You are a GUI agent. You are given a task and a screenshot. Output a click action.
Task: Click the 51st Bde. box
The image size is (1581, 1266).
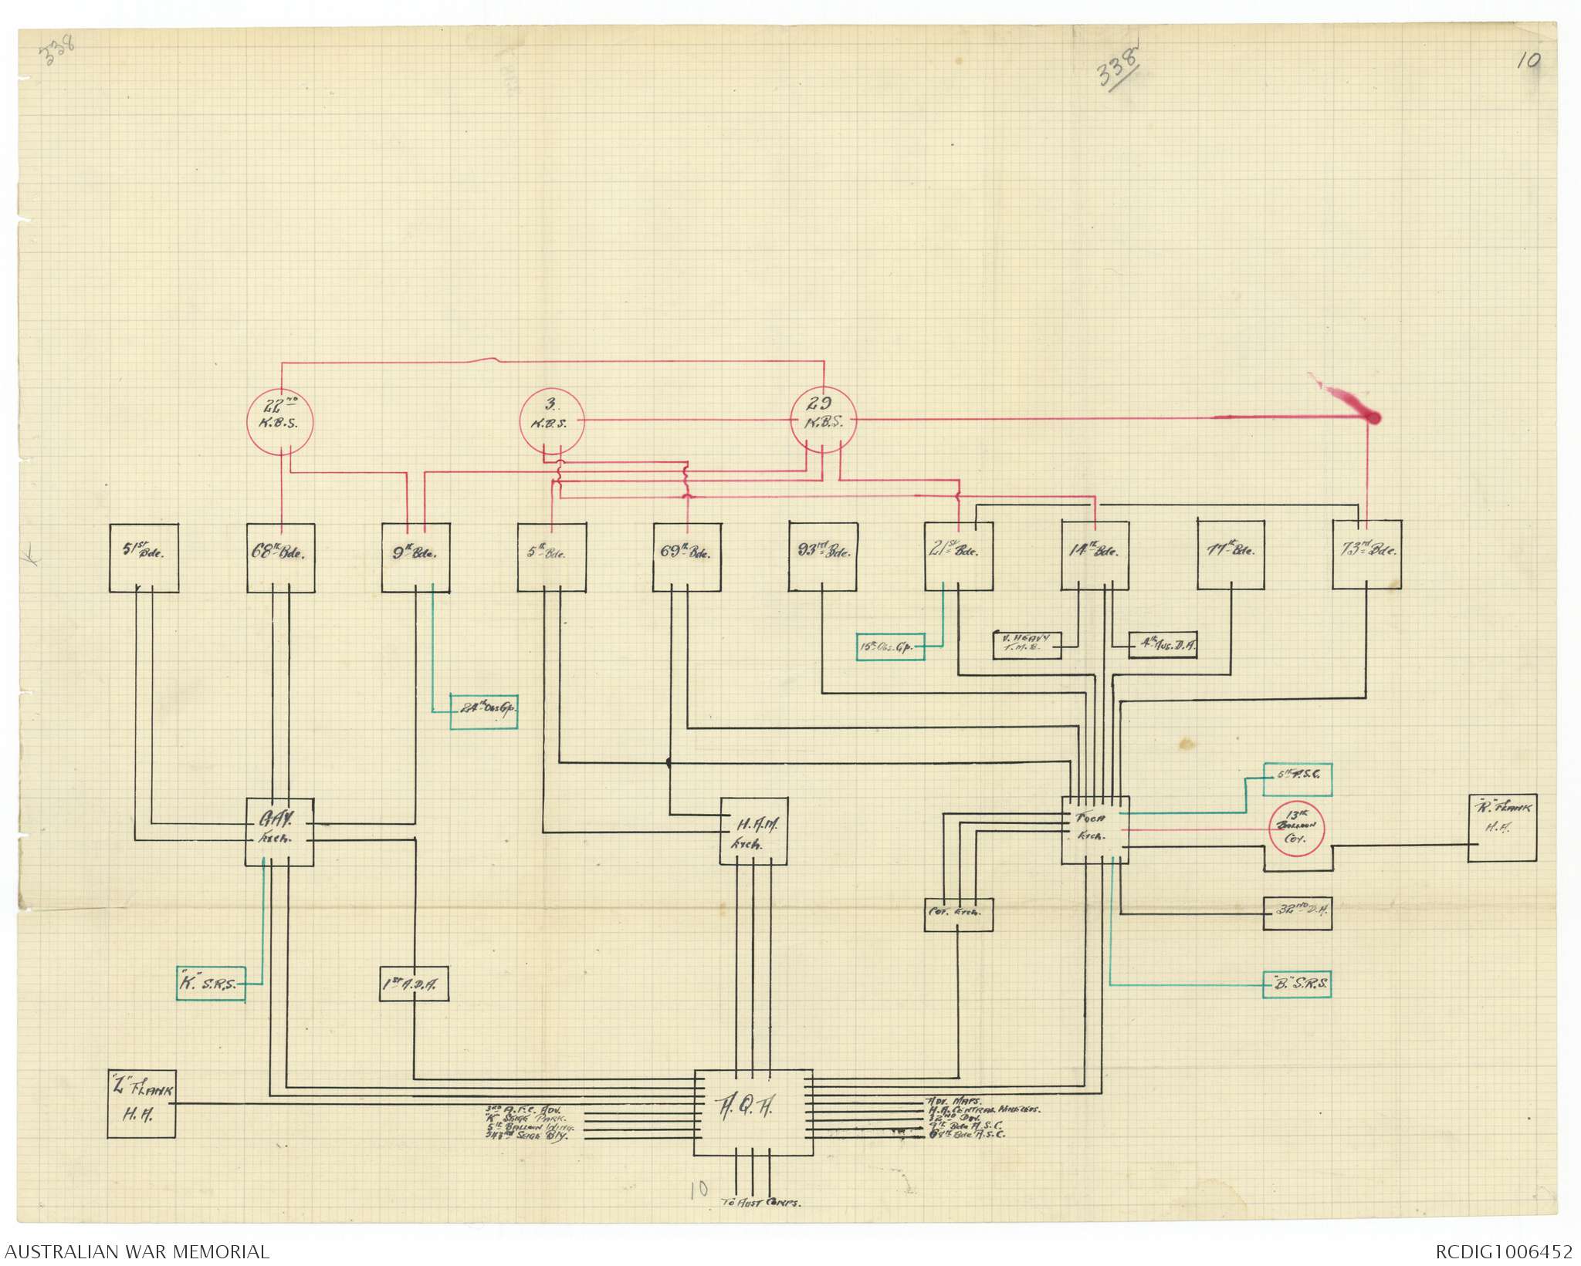144,559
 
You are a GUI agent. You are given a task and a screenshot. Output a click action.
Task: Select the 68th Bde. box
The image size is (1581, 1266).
281,559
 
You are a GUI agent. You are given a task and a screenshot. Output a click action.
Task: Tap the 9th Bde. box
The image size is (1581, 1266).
416,559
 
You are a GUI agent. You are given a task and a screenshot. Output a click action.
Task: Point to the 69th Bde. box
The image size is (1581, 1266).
687,558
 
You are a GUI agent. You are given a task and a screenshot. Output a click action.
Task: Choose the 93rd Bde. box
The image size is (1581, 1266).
823,555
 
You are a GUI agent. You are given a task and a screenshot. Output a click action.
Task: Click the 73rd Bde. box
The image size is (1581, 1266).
1367,555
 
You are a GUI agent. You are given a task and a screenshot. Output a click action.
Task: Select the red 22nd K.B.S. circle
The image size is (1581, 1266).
280,422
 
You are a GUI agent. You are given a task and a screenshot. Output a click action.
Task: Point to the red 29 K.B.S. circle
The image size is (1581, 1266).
825,421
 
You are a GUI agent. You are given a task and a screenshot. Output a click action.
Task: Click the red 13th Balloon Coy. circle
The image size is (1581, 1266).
1298,830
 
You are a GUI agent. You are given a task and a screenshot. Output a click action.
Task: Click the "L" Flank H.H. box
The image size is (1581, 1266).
141,1104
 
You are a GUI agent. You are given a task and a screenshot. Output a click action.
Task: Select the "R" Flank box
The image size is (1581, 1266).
1501,828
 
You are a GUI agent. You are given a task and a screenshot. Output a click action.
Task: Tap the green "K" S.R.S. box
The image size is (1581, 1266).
211,984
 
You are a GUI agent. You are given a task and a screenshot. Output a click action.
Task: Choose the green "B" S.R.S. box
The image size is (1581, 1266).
1297,984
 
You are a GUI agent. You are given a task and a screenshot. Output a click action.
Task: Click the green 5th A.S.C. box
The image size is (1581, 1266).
1298,779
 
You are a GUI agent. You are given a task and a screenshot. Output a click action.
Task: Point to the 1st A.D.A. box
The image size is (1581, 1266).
414,984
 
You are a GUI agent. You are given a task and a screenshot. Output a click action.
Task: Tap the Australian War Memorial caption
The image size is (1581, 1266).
135,1251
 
